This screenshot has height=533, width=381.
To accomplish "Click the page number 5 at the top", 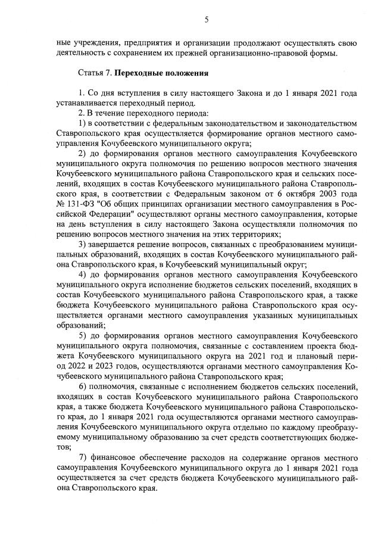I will click(206, 20).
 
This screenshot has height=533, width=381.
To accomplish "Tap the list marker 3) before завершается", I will click(83, 245).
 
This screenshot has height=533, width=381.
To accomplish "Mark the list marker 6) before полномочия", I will click(83, 387).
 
